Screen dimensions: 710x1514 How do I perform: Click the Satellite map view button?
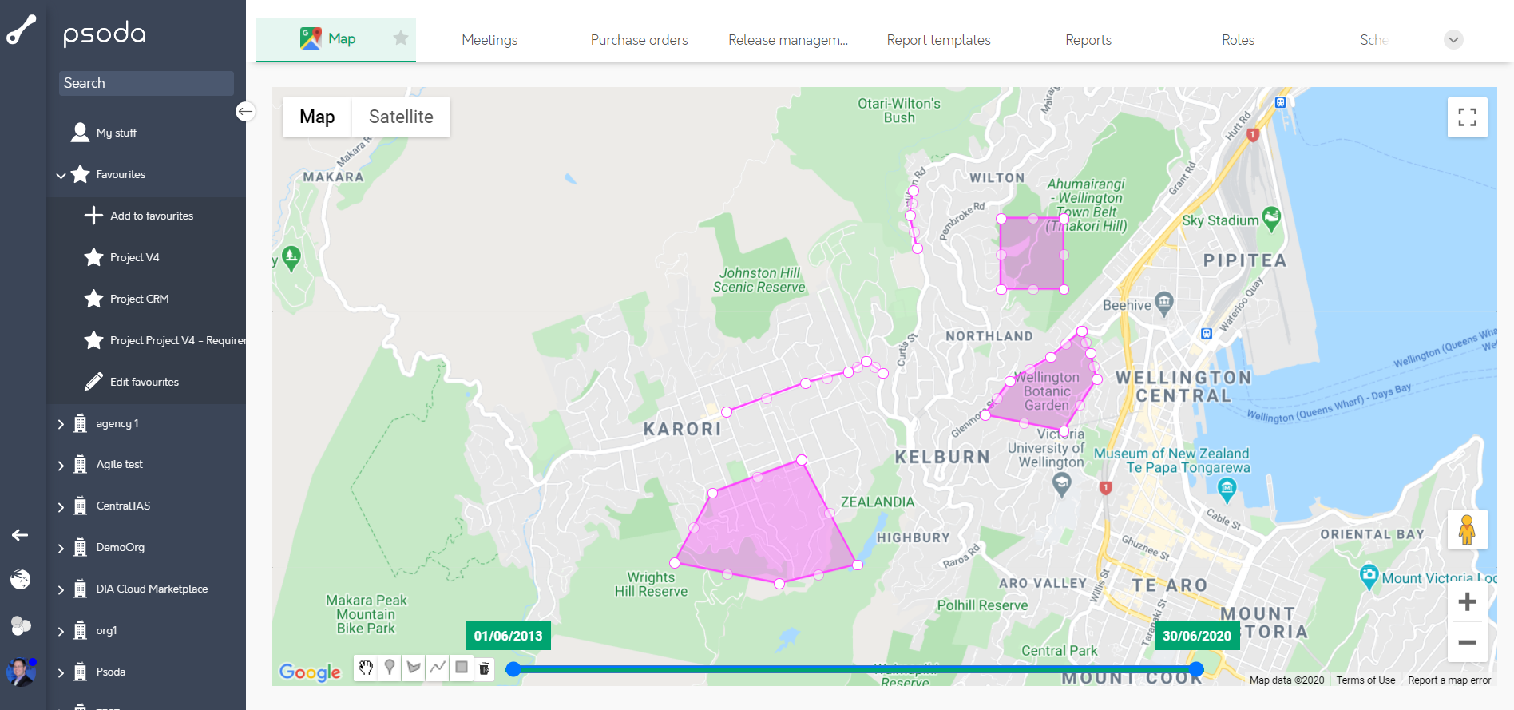coord(401,117)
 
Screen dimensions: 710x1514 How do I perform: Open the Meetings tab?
coord(489,40)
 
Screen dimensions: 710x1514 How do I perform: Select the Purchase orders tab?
coord(639,40)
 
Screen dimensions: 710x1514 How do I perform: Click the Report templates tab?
coord(938,40)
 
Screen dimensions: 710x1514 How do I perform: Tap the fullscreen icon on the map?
coord(1467,117)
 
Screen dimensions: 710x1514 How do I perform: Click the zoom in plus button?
coord(1467,601)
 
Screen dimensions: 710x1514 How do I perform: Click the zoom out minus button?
coord(1467,642)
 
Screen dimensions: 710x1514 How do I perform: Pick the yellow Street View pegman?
coord(1467,530)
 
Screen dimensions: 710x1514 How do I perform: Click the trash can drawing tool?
coord(485,668)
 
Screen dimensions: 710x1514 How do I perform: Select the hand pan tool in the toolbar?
coord(366,668)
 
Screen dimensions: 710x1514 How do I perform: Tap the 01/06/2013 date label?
coord(508,636)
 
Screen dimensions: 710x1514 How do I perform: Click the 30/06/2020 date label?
coord(1196,636)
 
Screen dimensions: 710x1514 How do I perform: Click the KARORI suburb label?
coord(682,429)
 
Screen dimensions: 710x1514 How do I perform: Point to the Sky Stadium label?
coord(1219,220)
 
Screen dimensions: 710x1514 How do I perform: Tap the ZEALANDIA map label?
coord(877,502)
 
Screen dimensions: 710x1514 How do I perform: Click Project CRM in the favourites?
coord(139,299)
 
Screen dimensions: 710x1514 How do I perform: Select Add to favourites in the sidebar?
coord(152,216)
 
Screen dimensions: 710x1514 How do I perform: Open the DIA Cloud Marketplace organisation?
coord(152,589)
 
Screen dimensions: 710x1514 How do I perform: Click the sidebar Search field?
coord(146,83)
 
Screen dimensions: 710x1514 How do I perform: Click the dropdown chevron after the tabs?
coord(1453,40)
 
